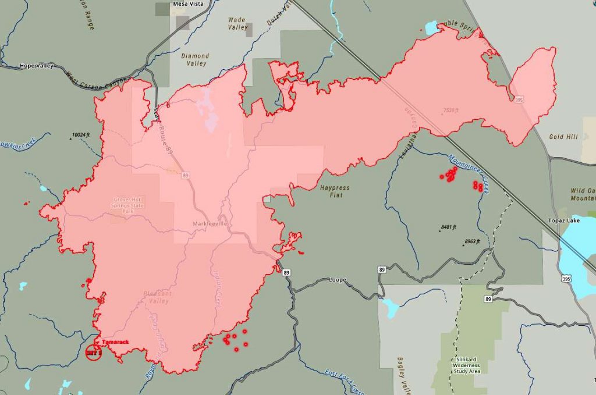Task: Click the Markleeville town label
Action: (210, 224)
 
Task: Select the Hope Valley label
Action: (36, 66)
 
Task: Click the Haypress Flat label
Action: (335, 191)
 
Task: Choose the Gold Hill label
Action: (563, 137)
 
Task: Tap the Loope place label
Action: (337, 280)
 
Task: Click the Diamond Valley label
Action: (195, 60)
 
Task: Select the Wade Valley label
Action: (237, 23)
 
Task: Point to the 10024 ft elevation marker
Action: (81, 135)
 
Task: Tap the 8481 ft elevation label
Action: (448, 227)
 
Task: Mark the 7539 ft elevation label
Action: (452, 110)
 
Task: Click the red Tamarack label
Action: (115, 342)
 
